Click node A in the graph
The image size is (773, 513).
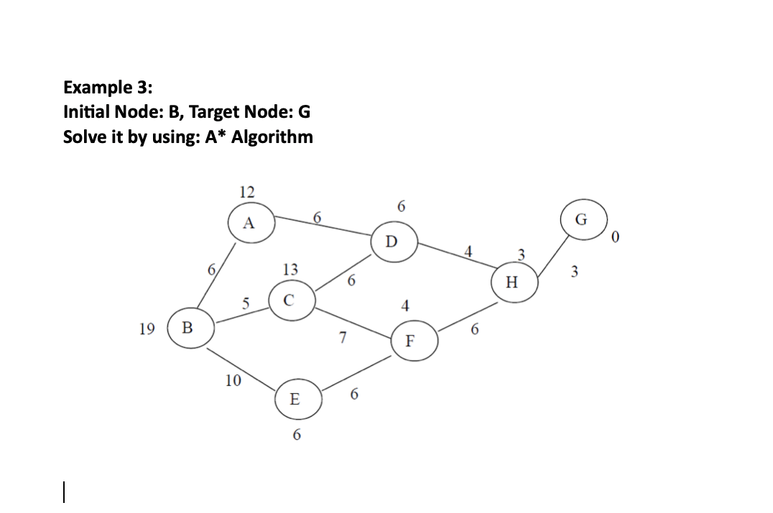248,223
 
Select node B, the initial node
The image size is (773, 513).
188,328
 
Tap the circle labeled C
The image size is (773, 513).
288,301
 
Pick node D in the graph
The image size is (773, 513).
390,241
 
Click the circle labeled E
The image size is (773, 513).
295,399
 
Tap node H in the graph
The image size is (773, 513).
511,282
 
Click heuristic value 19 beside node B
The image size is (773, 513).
147,328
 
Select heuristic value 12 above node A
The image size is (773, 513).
246,192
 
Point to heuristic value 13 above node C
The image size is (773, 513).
290,269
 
